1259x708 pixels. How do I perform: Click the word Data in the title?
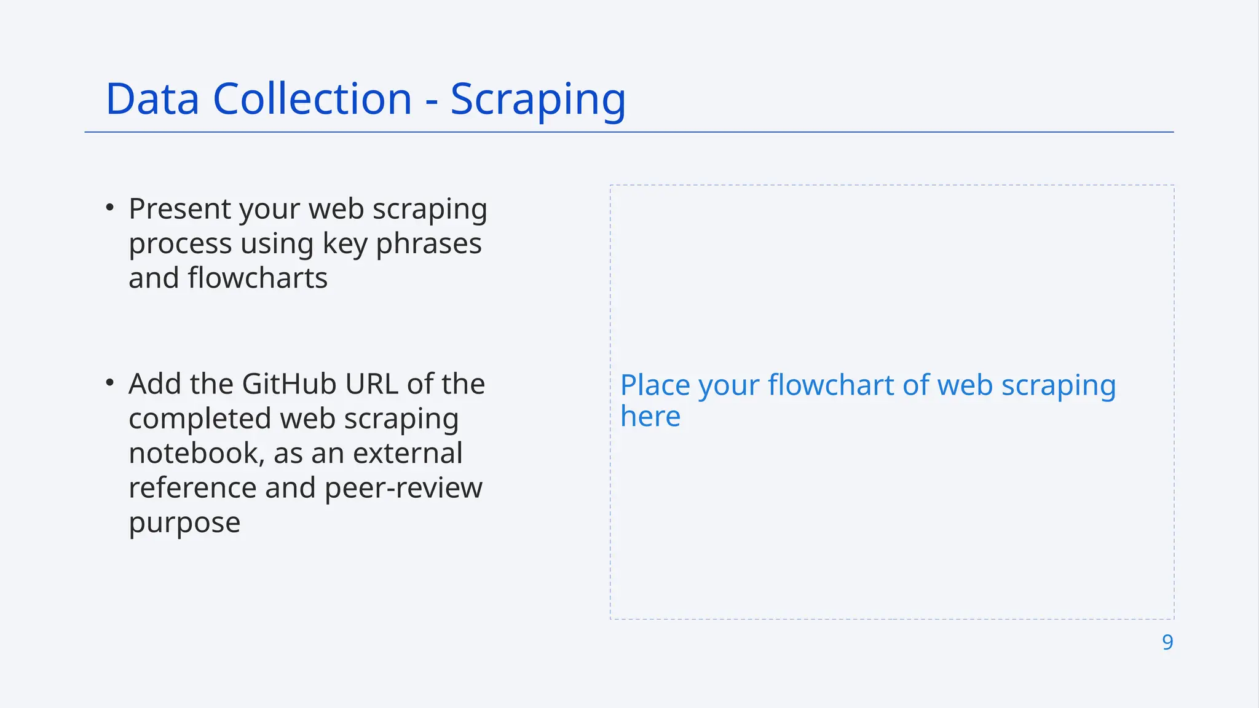coord(152,99)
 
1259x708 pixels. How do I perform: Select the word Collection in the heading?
coord(312,99)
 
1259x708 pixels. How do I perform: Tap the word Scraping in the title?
coord(538,100)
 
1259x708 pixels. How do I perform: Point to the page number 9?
coord(1167,642)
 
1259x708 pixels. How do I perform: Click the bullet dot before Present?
coord(110,208)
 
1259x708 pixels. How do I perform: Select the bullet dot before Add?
coord(110,383)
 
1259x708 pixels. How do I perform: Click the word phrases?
coord(428,244)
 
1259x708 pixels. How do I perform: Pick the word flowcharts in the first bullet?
coord(258,278)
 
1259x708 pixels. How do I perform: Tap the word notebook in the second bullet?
coord(197,454)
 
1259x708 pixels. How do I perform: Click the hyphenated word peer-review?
coord(403,489)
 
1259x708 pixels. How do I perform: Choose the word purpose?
coord(184,524)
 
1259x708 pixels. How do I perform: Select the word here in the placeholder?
coord(650,417)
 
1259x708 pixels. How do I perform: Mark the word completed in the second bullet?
coord(200,419)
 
